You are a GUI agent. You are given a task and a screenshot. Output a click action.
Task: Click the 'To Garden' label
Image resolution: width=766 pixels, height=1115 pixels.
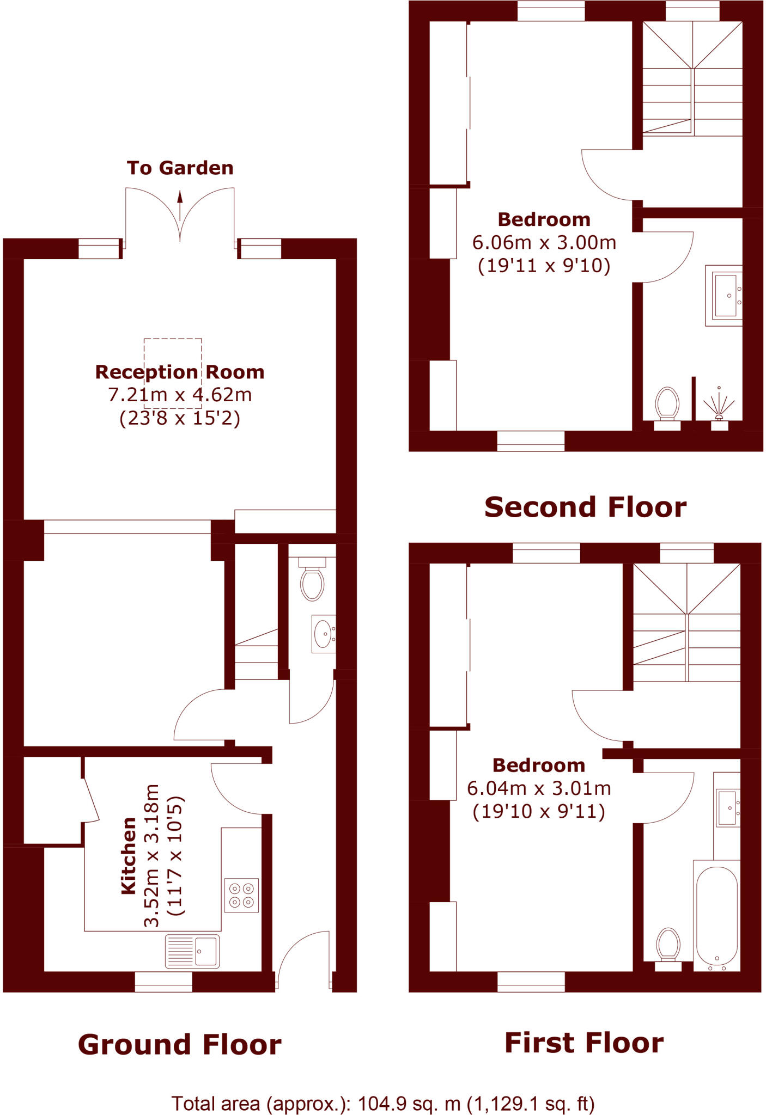[x=180, y=168]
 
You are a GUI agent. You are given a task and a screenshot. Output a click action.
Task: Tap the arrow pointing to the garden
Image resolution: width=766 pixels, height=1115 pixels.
[x=180, y=205]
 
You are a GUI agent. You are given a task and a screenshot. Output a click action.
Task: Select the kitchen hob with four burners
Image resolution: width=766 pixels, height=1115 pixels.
[x=241, y=895]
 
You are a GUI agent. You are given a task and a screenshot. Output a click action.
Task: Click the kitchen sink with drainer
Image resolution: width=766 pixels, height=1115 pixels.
[x=192, y=951]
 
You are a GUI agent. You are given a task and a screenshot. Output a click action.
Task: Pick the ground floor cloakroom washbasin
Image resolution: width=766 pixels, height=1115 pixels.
[x=324, y=633]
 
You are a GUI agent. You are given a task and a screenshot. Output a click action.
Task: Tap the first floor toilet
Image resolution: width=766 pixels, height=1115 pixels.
[x=668, y=945]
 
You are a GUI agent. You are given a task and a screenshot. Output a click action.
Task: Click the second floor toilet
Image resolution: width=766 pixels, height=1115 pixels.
[x=667, y=404]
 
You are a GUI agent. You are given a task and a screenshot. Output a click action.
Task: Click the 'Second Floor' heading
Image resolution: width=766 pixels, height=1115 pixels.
[x=585, y=507]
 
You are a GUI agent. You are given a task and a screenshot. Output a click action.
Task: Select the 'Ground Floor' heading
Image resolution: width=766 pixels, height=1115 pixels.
[x=180, y=1045]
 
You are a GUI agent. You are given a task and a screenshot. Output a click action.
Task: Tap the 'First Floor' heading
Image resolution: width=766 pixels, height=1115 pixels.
[x=584, y=1043]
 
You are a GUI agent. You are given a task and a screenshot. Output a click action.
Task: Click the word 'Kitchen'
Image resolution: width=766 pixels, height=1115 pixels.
[x=129, y=855]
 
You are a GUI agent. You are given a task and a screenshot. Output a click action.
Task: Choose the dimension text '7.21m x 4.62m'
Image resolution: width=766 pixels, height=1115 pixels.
[x=180, y=395]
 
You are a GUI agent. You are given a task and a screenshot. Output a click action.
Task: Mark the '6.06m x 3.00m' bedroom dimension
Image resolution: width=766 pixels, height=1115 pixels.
[x=544, y=242]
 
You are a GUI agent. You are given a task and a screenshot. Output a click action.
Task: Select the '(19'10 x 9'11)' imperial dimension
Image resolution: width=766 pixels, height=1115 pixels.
[x=539, y=812]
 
